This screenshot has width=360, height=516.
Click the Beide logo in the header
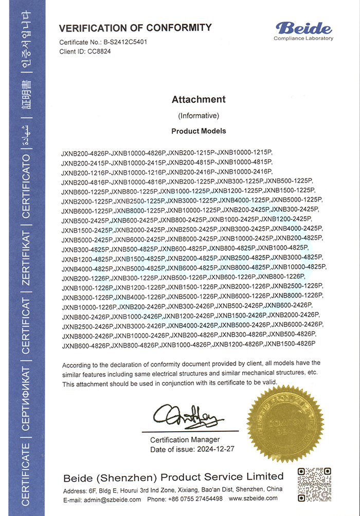[303, 28]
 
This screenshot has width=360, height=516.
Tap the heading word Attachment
[199, 100]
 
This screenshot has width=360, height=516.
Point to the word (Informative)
[199, 116]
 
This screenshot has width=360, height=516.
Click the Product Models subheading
[199, 131]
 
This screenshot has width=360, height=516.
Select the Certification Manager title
[185, 440]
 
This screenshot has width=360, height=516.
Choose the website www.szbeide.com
[253, 499]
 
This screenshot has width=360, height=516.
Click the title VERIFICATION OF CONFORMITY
[135, 28]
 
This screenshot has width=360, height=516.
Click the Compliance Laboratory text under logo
[303, 39]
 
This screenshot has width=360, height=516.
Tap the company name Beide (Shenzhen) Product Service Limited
[173, 476]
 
